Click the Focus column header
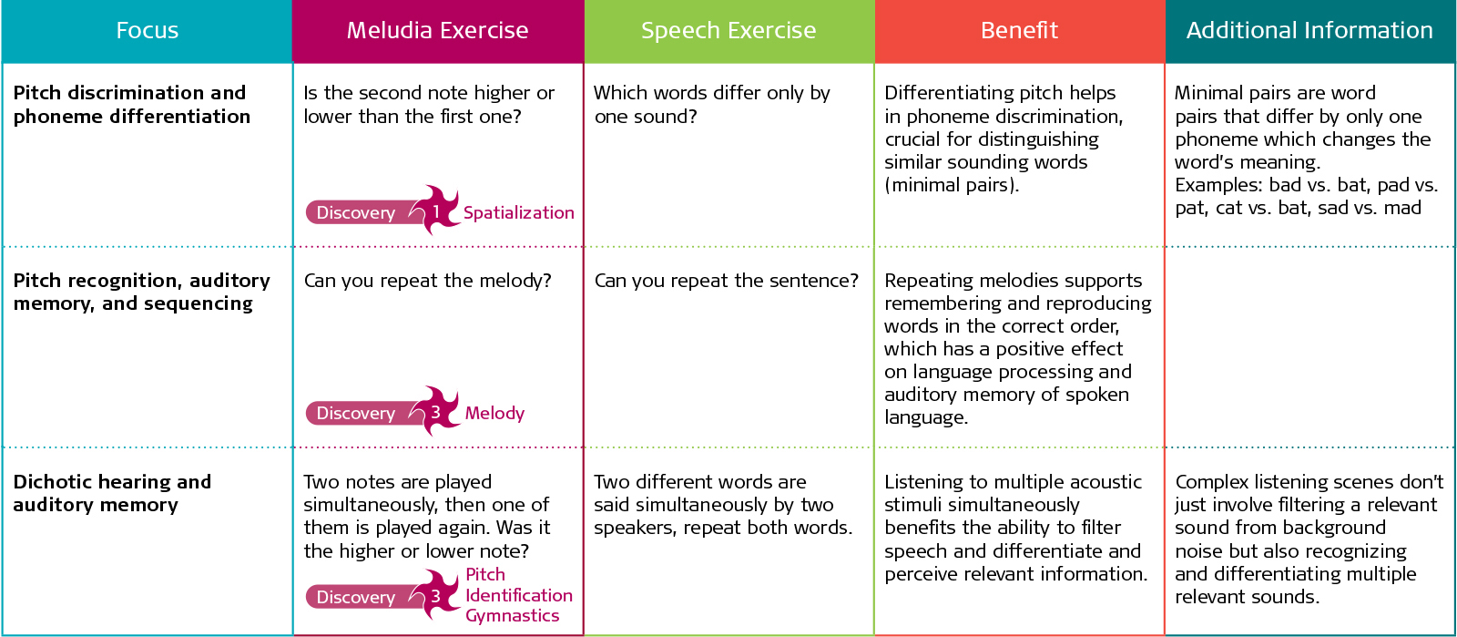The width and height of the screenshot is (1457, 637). [147, 31]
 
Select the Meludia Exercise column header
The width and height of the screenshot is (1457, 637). [437, 31]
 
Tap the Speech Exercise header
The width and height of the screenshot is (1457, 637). [728, 31]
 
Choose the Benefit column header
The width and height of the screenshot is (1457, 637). [1019, 31]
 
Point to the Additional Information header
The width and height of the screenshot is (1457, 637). [1309, 31]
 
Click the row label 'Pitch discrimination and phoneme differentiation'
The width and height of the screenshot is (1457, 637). [131, 105]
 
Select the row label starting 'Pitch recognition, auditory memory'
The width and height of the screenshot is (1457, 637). [141, 292]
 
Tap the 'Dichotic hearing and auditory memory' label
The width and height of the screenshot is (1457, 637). [111, 493]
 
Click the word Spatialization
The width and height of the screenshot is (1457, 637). [518, 213]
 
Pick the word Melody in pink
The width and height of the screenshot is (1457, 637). [494, 414]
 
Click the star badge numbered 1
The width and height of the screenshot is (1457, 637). [436, 211]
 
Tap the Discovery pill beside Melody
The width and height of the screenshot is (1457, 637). [356, 414]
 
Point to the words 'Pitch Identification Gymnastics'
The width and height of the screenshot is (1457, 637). [517, 595]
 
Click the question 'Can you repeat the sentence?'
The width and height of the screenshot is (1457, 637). [726, 281]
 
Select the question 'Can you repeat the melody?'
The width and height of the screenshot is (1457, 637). [427, 281]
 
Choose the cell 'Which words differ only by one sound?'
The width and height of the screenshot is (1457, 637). [711, 105]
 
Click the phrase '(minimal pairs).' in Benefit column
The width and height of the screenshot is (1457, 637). [952, 185]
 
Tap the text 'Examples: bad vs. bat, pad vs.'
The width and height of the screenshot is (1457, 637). [1306, 185]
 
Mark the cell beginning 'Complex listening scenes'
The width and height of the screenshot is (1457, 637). [1309, 539]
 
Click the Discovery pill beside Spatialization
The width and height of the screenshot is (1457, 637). [356, 213]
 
